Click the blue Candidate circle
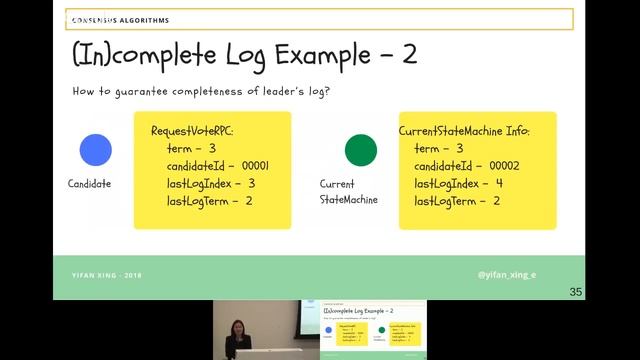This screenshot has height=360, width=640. click(x=96, y=150)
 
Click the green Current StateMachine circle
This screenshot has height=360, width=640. click(x=361, y=150)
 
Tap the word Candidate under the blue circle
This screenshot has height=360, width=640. click(x=89, y=184)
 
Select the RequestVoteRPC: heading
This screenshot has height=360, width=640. click(x=192, y=131)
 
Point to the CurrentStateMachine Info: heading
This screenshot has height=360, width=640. click(x=464, y=131)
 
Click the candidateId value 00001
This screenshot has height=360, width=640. click(x=253, y=166)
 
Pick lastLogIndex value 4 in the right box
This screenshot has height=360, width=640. click(x=499, y=184)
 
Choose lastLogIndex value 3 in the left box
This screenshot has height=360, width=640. click(x=251, y=184)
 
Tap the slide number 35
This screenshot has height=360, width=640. click(x=575, y=292)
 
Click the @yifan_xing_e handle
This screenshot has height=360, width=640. click(x=506, y=273)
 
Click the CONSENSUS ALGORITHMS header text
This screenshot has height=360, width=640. click(x=120, y=20)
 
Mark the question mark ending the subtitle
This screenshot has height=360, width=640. click(x=329, y=92)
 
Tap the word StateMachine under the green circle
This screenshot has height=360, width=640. click(x=348, y=200)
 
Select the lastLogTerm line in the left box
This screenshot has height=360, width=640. click(x=209, y=201)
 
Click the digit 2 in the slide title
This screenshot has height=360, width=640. click(x=409, y=54)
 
